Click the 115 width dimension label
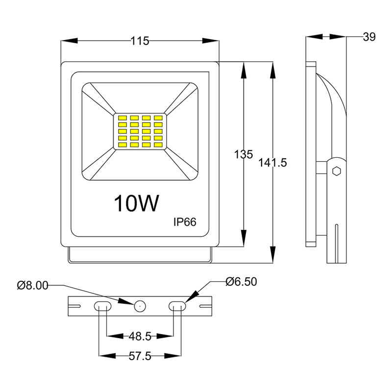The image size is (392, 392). pyautogui.click(x=140, y=42)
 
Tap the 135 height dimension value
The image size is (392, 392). pyautogui.click(x=243, y=155)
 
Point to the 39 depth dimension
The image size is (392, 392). pyautogui.click(x=369, y=37)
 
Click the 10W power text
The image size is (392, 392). pyautogui.click(x=137, y=204)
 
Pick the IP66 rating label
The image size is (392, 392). pyautogui.click(x=185, y=222)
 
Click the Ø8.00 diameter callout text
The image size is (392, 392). pyautogui.click(x=32, y=285)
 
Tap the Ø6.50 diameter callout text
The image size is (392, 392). pyautogui.click(x=241, y=282)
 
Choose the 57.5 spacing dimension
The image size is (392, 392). pyautogui.click(x=140, y=357)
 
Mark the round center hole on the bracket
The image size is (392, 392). pyautogui.click(x=139, y=306)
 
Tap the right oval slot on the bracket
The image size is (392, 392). pyautogui.click(x=177, y=306)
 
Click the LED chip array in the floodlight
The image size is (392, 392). pyautogui.click(x=140, y=132)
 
